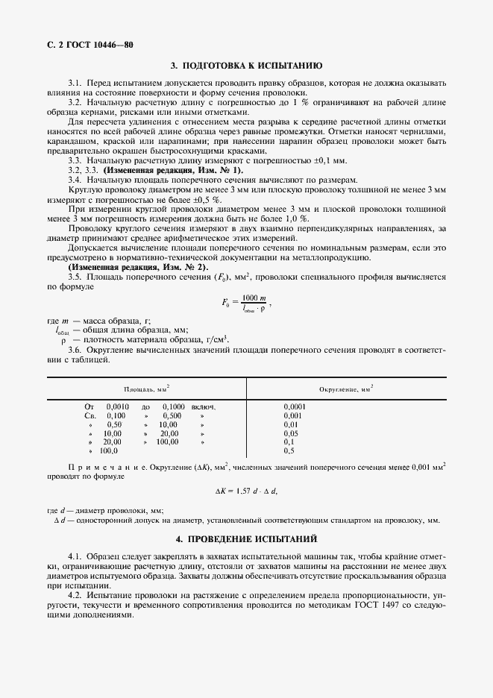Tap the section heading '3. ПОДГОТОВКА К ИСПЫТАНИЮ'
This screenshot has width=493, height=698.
[246, 66]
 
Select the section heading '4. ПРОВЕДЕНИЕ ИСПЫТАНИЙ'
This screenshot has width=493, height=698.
[246, 538]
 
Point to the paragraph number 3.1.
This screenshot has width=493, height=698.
[75, 82]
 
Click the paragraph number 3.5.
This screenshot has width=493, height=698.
[75, 277]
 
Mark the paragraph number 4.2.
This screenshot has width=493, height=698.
[75, 596]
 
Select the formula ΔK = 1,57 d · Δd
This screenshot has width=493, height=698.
[246, 490]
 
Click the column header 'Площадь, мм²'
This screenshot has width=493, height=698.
[146, 389]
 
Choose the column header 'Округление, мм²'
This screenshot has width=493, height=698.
[346, 389]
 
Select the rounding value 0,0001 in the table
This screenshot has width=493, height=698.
[295, 406]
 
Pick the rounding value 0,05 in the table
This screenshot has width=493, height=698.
[291, 433]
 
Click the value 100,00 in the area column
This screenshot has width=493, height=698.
[167, 442]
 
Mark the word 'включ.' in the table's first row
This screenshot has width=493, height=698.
[203, 406]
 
